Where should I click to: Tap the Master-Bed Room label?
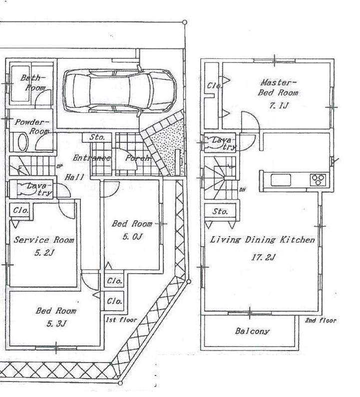tap(278, 87)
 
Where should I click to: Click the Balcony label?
tap(252, 331)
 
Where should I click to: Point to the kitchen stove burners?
tap(318, 179)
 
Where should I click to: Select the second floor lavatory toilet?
tap(216, 143)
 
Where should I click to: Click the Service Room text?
tap(43, 240)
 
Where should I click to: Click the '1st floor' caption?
tap(120, 319)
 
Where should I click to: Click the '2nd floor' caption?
tap(320, 320)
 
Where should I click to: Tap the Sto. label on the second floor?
tap(220, 212)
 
